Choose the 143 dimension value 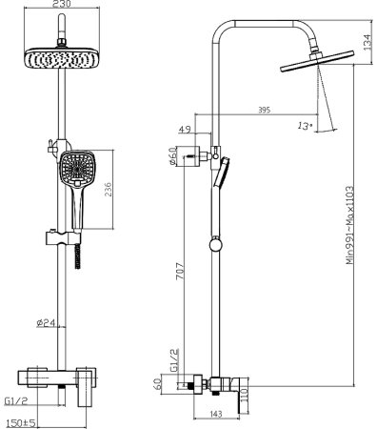(216, 412)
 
